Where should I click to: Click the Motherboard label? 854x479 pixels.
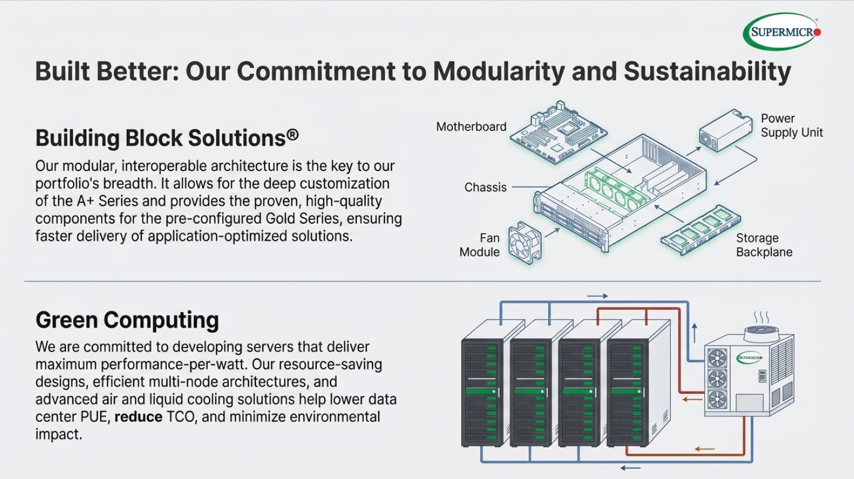click(471, 127)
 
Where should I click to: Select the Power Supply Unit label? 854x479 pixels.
click(791, 126)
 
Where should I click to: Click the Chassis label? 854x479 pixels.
click(486, 188)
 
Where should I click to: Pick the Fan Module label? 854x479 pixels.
click(480, 245)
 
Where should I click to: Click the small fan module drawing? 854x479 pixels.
click(525, 243)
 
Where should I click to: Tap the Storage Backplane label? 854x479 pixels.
click(764, 245)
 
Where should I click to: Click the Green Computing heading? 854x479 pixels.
click(127, 320)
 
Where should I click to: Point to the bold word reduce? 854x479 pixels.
click(138, 417)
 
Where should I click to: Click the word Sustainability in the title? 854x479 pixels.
click(707, 71)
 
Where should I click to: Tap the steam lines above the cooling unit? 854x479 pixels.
click(761, 318)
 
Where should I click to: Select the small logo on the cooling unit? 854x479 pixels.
click(750, 358)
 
